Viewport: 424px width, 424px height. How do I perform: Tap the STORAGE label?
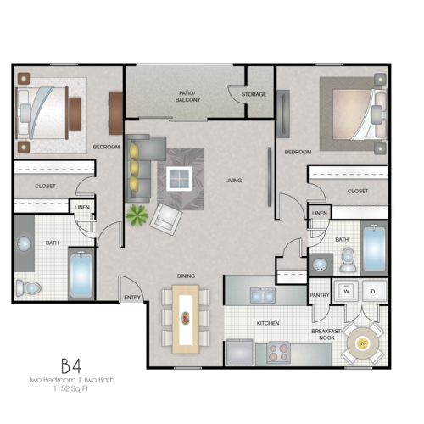[x=254, y=94]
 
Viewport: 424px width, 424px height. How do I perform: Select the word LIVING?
[x=233, y=180]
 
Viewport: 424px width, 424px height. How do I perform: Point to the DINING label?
[x=187, y=276]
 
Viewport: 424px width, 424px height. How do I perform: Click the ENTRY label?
[x=132, y=298]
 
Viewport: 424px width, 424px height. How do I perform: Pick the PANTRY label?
[x=320, y=295]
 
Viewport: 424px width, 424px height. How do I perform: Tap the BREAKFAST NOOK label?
[x=326, y=334]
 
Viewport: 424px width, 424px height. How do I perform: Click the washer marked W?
[x=346, y=290]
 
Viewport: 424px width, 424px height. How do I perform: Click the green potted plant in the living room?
[x=137, y=215]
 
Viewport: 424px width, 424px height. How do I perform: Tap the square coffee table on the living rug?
[x=180, y=178]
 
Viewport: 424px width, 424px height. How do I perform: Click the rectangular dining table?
[x=187, y=319]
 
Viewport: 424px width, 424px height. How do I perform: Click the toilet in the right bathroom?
[x=348, y=262]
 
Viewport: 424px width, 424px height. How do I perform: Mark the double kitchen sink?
[x=262, y=295]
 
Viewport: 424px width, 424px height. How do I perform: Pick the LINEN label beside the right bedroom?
[x=320, y=213]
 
